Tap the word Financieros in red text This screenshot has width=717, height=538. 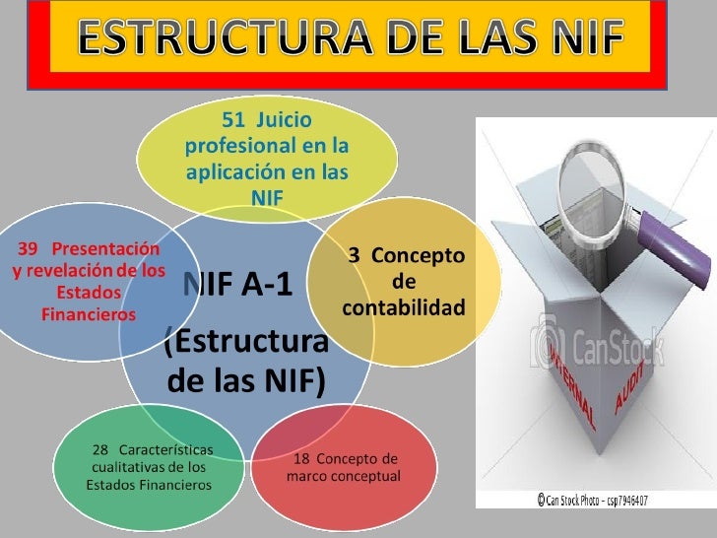88,314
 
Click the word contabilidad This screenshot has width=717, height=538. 404,309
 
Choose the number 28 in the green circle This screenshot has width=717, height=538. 100,448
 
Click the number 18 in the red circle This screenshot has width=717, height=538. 303,459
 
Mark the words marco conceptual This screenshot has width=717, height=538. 344,477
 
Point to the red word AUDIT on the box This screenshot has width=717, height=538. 631,384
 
